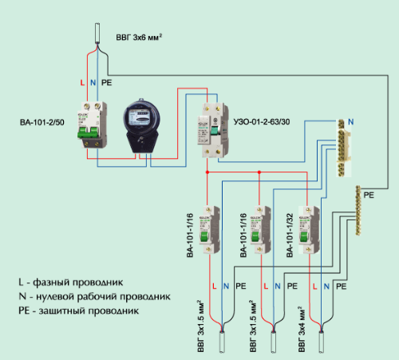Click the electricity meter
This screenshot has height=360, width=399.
141,126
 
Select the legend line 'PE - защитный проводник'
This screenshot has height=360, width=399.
77,310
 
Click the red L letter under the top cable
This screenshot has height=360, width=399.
82,82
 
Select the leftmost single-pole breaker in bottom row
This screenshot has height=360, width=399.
211,229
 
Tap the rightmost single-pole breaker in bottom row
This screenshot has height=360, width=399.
305,229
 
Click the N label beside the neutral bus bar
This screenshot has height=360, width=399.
352,122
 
